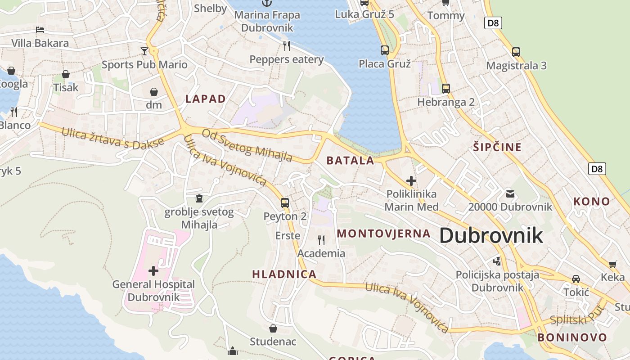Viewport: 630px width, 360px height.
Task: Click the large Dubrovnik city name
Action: click(x=491, y=236)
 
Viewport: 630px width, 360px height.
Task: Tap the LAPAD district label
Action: click(x=206, y=99)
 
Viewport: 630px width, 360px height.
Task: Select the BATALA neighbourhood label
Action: click(x=350, y=161)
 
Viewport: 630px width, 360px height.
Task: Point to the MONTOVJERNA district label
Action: click(x=384, y=234)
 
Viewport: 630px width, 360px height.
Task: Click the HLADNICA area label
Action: click(x=284, y=274)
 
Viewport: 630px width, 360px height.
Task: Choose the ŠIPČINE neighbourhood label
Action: click(x=497, y=147)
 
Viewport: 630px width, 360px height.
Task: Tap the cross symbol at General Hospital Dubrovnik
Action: click(x=153, y=270)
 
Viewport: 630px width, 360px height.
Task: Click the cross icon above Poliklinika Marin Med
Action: click(x=411, y=181)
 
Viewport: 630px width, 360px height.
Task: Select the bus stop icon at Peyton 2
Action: click(x=285, y=202)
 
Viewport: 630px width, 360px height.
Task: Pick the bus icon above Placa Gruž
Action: click(x=384, y=50)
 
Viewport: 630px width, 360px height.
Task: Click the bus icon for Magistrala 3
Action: click(x=516, y=52)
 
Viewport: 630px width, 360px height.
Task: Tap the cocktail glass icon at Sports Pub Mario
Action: click(x=144, y=51)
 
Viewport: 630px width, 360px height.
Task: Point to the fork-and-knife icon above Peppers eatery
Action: click(x=286, y=45)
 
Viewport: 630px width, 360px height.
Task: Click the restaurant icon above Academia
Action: click(x=321, y=240)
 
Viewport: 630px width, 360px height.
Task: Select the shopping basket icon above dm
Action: click(x=154, y=92)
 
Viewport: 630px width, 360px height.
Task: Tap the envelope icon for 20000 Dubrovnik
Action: click(x=510, y=194)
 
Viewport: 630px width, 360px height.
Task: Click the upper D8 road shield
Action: click(x=493, y=23)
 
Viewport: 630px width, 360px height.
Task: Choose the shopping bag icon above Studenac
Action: click(x=273, y=328)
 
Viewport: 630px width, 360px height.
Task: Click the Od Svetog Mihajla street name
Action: click(x=247, y=145)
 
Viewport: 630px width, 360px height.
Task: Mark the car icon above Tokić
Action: click(x=576, y=279)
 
